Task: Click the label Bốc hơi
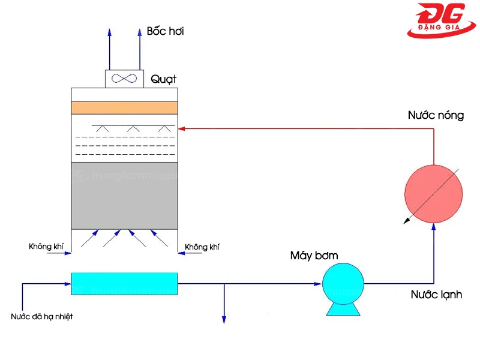pyautogui.click(x=165, y=31)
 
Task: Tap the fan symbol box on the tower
pyautogui.click(x=124, y=79)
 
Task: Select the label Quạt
pyautogui.click(x=164, y=79)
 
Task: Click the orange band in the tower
pyautogui.click(x=124, y=107)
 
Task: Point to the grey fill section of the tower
pyautogui.click(x=124, y=196)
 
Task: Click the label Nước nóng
pyautogui.click(x=436, y=115)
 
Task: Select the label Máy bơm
pyautogui.click(x=314, y=256)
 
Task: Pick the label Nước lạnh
pyautogui.click(x=436, y=295)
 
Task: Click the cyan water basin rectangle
pyautogui.click(x=124, y=283)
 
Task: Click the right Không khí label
pyautogui.click(x=202, y=247)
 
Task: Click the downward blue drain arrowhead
pyautogui.click(x=224, y=319)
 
